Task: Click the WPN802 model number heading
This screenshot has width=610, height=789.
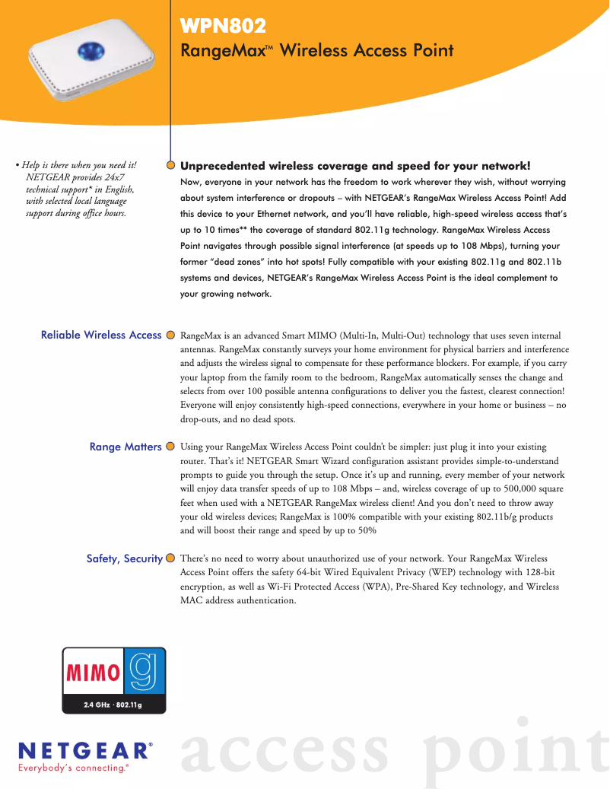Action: click(x=223, y=27)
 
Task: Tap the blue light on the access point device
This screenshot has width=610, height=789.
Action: click(x=91, y=52)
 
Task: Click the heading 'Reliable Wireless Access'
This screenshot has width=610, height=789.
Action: click(x=101, y=335)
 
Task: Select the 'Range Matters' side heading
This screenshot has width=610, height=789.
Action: click(x=125, y=447)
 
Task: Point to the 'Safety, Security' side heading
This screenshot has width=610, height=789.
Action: click(x=124, y=558)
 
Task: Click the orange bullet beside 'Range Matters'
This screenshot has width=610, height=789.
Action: click(x=170, y=447)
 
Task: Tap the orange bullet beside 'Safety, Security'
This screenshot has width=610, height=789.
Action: click(x=170, y=558)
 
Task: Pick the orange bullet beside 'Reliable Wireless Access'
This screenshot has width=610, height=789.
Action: click(x=170, y=335)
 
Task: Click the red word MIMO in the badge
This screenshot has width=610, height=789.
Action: click(x=94, y=673)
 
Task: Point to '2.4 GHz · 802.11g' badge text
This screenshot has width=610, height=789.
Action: click(x=113, y=705)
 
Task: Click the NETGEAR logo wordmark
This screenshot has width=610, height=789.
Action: click(x=83, y=751)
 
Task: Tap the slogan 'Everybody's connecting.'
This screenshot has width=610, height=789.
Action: click(x=73, y=768)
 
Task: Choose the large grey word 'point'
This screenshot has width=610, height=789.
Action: click(x=520, y=750)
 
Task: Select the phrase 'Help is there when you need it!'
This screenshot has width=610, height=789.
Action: click(x=78, y=165)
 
